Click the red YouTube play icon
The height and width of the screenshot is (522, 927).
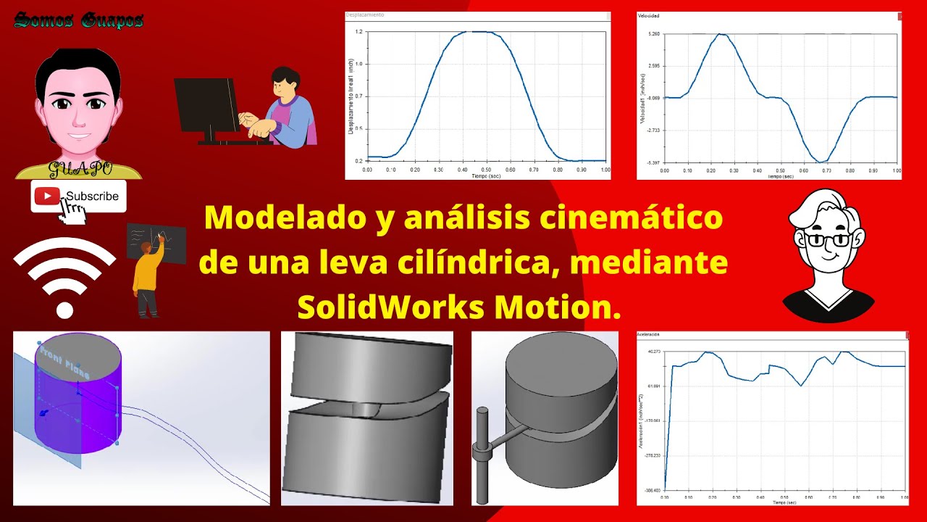[x=47, y=196]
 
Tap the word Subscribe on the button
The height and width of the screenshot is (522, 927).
[x=92, y=196]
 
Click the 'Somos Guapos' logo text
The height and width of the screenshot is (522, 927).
[x=78, y=20]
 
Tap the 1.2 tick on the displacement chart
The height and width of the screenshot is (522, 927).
[x=358, y=32]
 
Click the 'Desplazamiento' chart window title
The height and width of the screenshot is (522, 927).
[x=365, y=14]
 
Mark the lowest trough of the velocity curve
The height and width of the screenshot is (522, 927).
[x=821, y=162]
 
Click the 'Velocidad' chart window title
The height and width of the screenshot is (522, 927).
[x=649, y=15]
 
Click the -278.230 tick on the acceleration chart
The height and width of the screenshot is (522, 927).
[x=652, y=455]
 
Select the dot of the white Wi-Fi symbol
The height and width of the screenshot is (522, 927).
[x=65, y=310]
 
